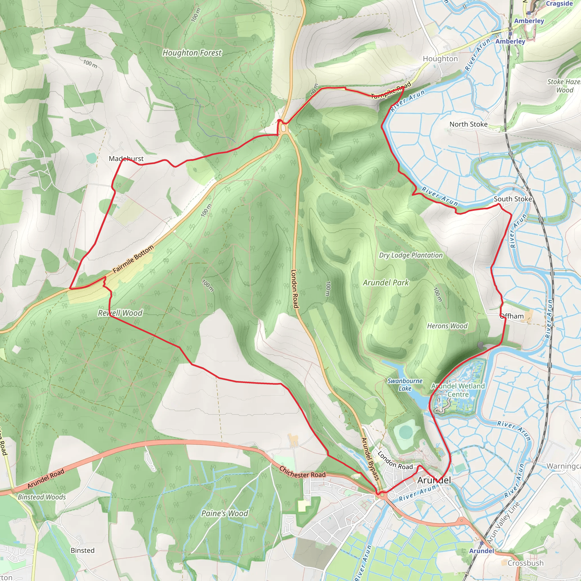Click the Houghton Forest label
pyautogui.click(x=192, y=53)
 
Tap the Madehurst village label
pyautogui.click(x=126, y=159)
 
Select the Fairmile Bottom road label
pyautogui.click(x=133, y=259)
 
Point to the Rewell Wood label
pyautogui.click(x=120, y=313)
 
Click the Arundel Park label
pyautogui.click(x=386, y=283)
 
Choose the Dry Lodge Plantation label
pyautogui.click(x=411, y=255)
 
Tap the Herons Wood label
pyautogui.click(x=447, y=326)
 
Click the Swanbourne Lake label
pyautogui.click(x=405, y=385)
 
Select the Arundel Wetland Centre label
pyautogui.click(x=458, y=390)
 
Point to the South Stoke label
pyautogui.click(x=513, y=199)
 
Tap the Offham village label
pyautogui.click(x=512, y=316)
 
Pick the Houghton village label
pyautogui.click(x=440, y=59)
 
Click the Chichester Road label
pyautogui.click(x=302, y=472)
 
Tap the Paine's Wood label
pyautogui.click(x=225, y=513)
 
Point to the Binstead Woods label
pyautogui.click(x=42, y=497)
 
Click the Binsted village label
pyautogui.click(x=82, y=550)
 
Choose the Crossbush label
pyautogui.click(x=525, y=563)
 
